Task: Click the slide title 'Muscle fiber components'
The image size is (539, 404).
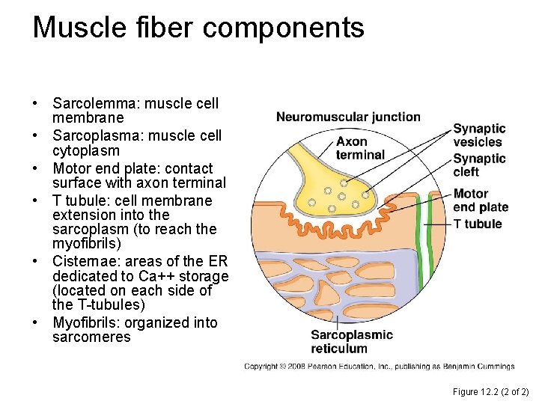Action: pyautogui.click(x=198, y=28)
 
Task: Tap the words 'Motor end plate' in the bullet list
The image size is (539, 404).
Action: pyautogui.click(x=102, y=168)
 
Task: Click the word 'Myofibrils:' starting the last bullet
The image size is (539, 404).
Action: pyautogui.click(x=85, y=322)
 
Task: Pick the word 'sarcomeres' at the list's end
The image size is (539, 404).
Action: pyautogui.click(x=91, y=337)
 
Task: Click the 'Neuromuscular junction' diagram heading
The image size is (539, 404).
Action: pyautogui.click(x=348, y=117)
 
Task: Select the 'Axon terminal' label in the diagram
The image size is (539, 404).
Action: pyautogui.click(x=360, y=148)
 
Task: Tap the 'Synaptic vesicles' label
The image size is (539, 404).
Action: pyautogui.click(x=479, y=135)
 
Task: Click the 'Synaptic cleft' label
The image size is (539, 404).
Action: pyautogui.click(x=479, y=165)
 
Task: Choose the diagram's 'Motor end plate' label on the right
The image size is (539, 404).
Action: pyautogui.click(x=481, y=201)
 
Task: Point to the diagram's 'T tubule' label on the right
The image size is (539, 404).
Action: pyautogui.click(x=478, y=224)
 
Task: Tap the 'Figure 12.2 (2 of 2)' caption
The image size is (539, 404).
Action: pyautogui.click(x=490, y=392)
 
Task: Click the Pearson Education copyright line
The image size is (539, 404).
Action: pyautogui.click(x=380, y=367)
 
